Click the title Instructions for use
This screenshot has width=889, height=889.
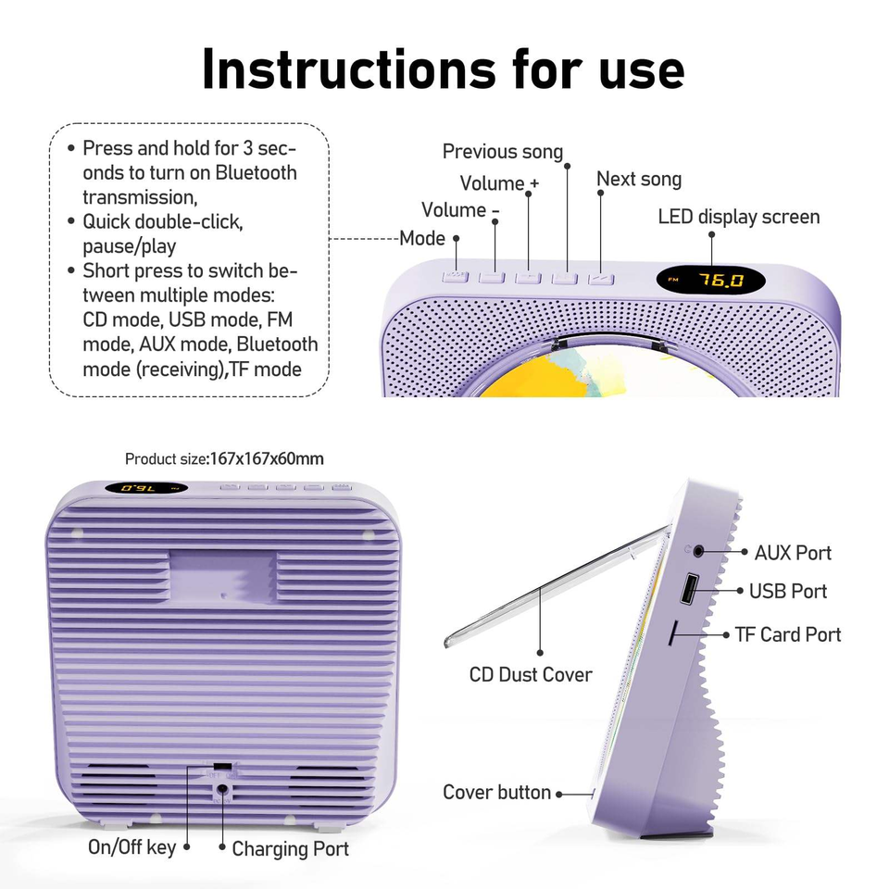[x=443, y=69]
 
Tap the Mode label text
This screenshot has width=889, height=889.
[x=422, y=238]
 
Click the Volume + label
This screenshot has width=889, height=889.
[x=499, y=183]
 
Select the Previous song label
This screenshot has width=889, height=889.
[x=502, y=152]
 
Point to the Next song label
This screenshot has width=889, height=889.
[x=639, y=179]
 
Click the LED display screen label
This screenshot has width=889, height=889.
[x=739, y=217]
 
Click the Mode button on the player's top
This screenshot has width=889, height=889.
[x=455, y=276]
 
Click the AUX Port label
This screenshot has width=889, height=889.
[x=793, y=553]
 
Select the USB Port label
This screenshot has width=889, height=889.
[x=788, y=591]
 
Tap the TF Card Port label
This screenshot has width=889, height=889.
[x=788, y=634]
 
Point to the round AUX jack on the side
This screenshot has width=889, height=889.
[x=697, y=552]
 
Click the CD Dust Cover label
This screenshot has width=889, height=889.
[x=531, y=674]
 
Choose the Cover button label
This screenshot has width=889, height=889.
[x=496, y=793]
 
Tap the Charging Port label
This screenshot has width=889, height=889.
[x=290, y=848]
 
